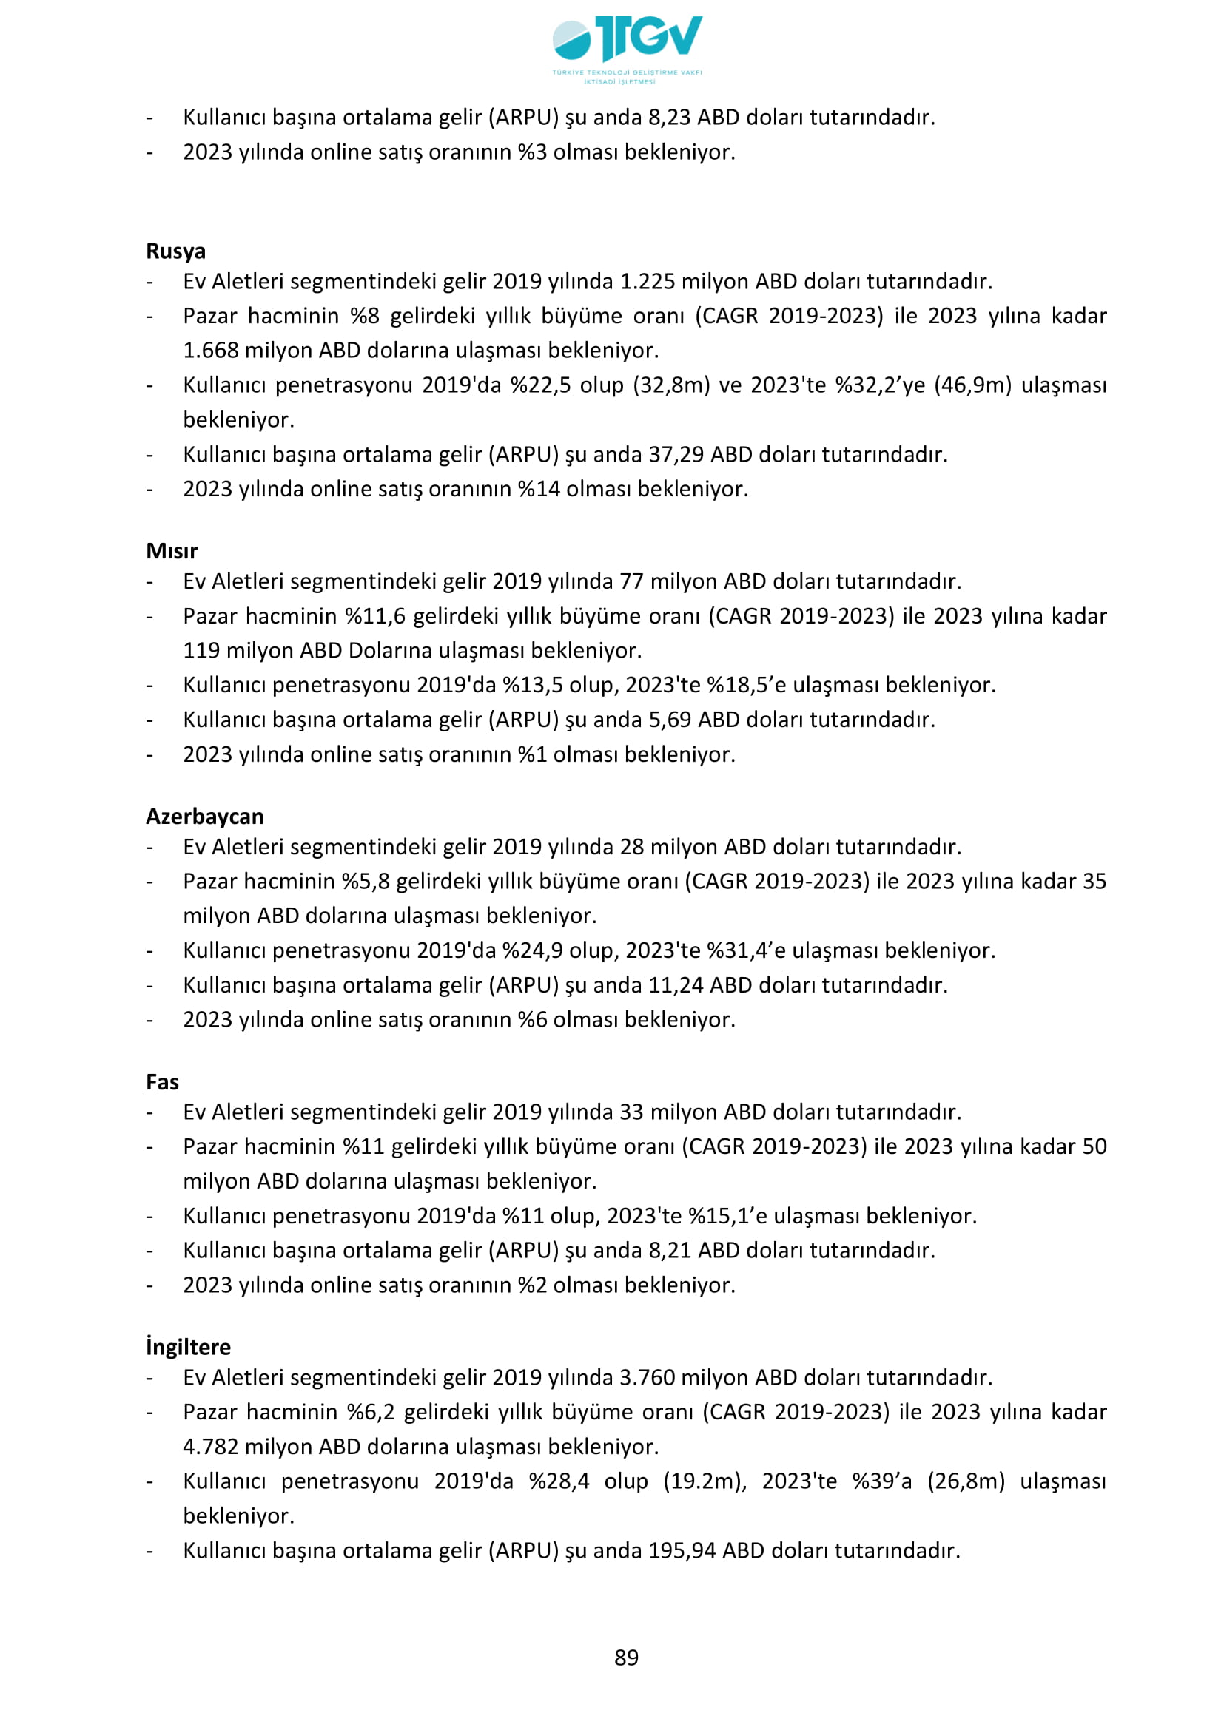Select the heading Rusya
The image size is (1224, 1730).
pyautogui.click(x=175, y=251)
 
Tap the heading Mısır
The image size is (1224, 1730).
pyautogui.click(x=172, y=551)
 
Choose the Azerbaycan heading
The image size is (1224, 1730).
pyautogui.click(x=205, y=816)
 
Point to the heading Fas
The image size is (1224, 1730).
pyautogui.click(x=162, y=1082)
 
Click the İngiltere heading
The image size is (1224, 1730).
pyautogui.click(x=189, y=1347)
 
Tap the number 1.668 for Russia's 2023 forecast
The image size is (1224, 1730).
pyautogui.click(x=210, y=351)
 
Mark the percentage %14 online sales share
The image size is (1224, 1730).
pyautogui.click(x=538, y=489)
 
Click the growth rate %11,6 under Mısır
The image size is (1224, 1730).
pyautogui.click(x=375, y=615)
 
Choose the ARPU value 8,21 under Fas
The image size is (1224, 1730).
pyautogui.click(x=669, y=1250)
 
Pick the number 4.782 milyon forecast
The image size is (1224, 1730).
pyautogui.click(x=210, y=1447)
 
